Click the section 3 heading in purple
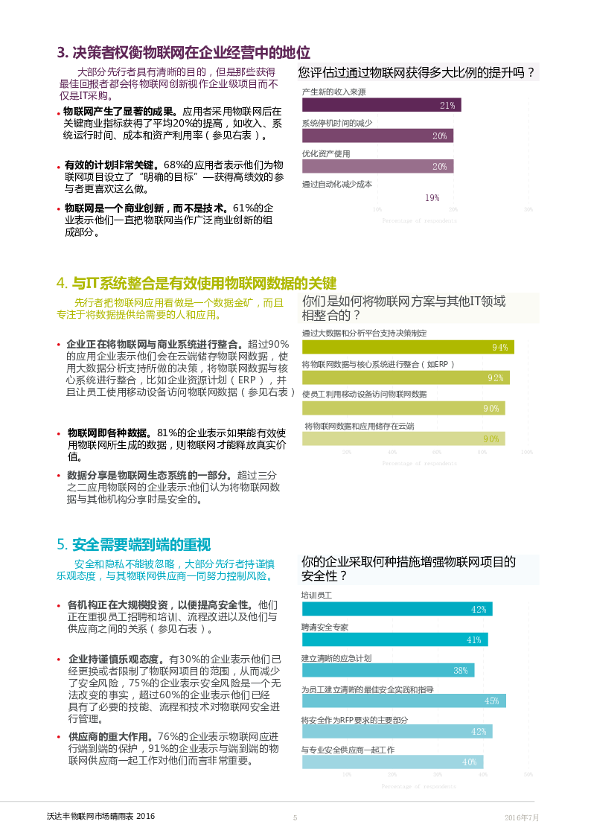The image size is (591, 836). pyautogui.click(x=183, y=53)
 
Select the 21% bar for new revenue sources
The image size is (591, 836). pyautogui.click(x=381, y=105)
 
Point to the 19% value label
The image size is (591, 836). pyautogui.click(x=432, y=198)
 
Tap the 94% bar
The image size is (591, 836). pyautogui.click(x=408, y=347)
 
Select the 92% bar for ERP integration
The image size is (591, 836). pyautogui.click(x=406, y=377)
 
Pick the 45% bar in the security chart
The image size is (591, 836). pyautogui.click(x=403, y=701)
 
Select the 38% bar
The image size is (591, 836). pyautogui.click(x=388, y=670)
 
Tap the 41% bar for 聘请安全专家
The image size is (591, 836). pyautogui.click(x=394, y=639)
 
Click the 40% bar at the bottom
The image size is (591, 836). pyautogui.click(x=392, y=762)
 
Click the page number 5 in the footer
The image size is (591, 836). pyautogui.click(x=295, y=817)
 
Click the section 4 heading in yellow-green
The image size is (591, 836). pyautogui.click(x=197, y=284)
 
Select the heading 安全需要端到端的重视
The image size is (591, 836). pyautogui.click(x=138, y=544)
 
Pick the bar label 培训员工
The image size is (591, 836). pyautogui.click(x=316, y=596)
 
